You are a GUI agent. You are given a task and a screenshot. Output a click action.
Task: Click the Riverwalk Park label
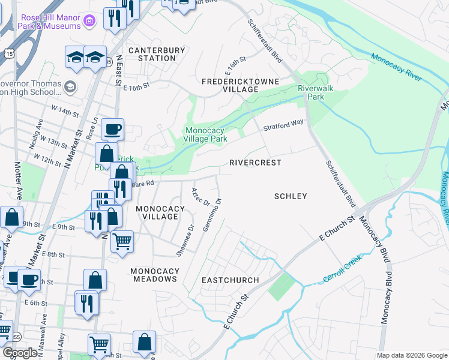(x=311, y=92)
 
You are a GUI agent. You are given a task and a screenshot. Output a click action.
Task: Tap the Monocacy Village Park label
(x=205, y=134)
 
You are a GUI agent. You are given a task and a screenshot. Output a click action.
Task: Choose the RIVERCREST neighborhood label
(x=255, y=163)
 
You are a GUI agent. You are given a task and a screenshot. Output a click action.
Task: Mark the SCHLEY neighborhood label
(x=291, y=196)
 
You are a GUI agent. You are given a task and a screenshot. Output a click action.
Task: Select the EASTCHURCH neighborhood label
(x=230, y=280)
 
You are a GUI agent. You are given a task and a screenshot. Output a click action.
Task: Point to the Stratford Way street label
(x=283, y=125)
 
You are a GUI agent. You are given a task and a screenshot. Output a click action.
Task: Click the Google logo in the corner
(x=20, y=352)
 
